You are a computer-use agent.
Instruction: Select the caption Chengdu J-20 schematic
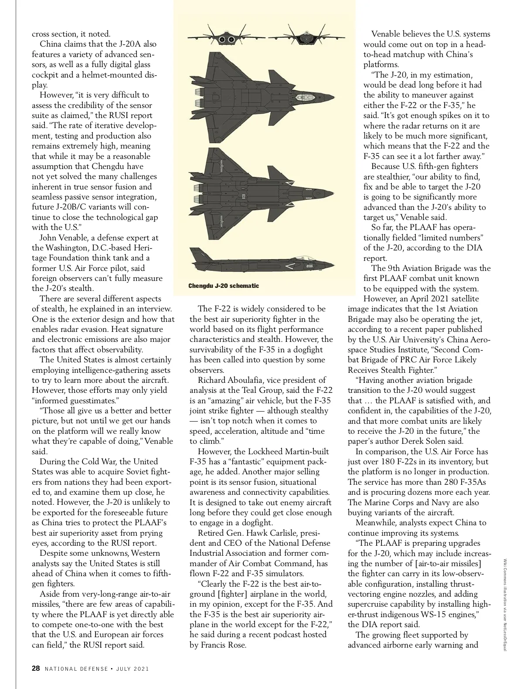coord(224,286)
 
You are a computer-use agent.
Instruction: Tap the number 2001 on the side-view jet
coord(310,266)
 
